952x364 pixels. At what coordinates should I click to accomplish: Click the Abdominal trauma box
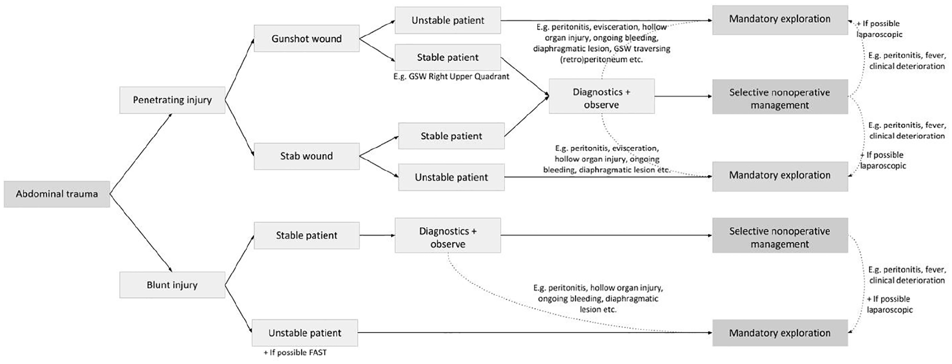[x=57, y=194]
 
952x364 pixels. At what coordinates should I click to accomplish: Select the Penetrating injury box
[x=172, y=100]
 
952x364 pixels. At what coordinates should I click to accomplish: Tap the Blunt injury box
[x=172, y=285]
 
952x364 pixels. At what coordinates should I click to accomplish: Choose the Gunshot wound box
[x=306, y=39]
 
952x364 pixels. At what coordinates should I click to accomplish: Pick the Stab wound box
[x=306, y=156]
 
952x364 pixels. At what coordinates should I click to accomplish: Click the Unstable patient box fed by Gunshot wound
[x=448, y=20]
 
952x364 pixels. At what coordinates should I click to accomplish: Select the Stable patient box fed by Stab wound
[x=451, y=136]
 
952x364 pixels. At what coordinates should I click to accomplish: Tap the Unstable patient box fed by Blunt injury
[x=305, y=333]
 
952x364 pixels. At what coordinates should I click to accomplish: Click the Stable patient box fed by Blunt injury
[x=306, y=235]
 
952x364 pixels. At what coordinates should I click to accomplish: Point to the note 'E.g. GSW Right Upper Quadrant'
[x=451, y=77]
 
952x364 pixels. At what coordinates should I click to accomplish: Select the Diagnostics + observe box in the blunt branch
[x=448, y=238]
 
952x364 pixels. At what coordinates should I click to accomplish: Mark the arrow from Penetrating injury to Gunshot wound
[x=239, y=69]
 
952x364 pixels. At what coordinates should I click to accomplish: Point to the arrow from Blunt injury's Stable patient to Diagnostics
[x=377, y=235]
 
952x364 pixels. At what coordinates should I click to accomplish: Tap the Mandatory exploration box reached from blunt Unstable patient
[x=780, y=333]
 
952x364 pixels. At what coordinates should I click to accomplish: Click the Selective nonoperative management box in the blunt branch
[x=780, y=238]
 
